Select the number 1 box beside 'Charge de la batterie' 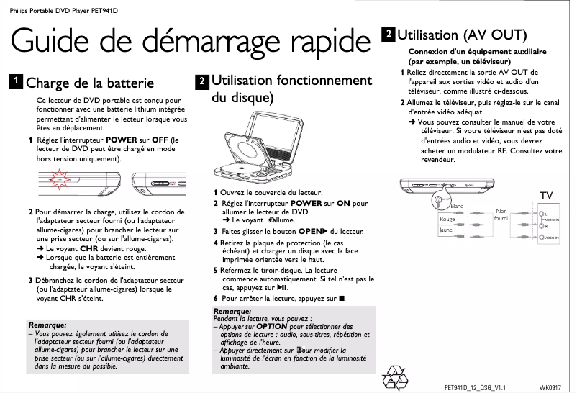[x=14, y=81]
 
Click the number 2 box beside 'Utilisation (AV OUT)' [x=389, y=33]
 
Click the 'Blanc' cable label [x=455, y=207]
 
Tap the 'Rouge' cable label [x=447, y=219]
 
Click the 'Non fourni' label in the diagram [x=501, y=214]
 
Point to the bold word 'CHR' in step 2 [x=88, y=247]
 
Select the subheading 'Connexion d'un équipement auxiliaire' [x=477, y=52]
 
